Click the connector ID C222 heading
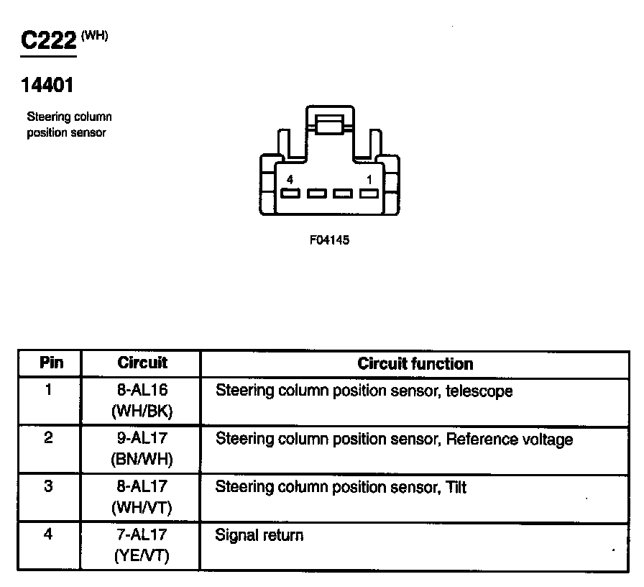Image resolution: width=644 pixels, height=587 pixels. (48, 41)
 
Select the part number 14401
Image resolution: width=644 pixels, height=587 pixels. (47, 85)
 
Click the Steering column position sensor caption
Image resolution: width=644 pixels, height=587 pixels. (69, 124)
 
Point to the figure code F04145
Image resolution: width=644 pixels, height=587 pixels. (329, 240)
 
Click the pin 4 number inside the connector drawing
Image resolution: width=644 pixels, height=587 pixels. (289, 178)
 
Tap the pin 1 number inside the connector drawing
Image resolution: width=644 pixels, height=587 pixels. (369, 178)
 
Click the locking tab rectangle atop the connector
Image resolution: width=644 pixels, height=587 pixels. (328, 124)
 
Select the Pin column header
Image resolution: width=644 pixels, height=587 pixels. (50, 363)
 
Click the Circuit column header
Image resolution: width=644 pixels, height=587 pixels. (142, 363)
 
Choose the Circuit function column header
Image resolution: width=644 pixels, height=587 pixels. (415, 363)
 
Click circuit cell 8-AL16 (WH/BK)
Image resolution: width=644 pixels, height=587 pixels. (142, 401)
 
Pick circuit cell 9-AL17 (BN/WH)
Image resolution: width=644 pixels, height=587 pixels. (142, 448)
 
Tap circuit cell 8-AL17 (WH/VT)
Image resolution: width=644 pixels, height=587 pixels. (142, 496)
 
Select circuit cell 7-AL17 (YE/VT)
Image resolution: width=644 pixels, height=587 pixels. (142, 545)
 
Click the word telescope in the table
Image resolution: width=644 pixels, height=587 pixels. (479, 392)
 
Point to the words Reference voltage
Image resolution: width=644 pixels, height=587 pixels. (510, 439)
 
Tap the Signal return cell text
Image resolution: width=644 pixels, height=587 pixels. (259, 535)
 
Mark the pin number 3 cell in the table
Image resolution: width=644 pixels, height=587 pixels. (49, 486)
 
